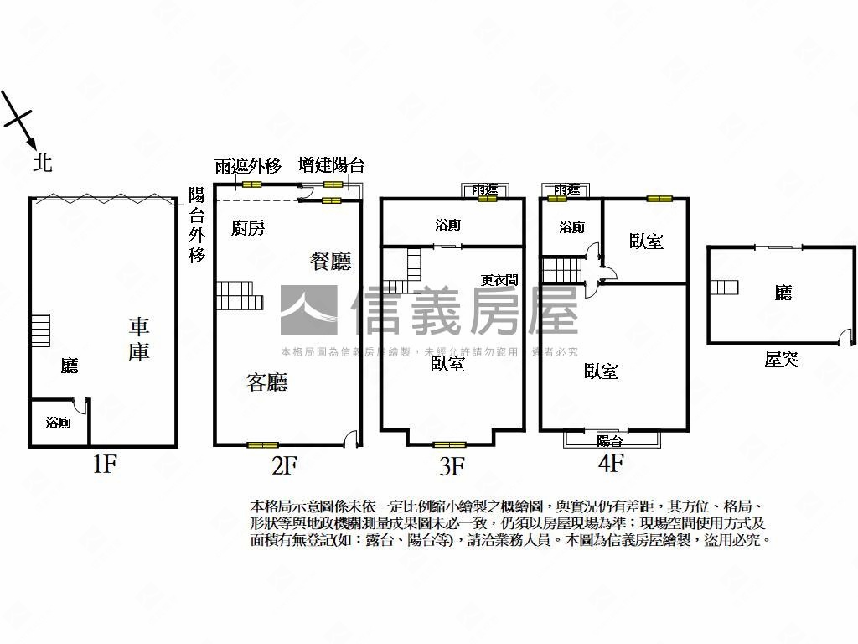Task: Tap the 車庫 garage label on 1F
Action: pyautogui.click(x=138, y=339)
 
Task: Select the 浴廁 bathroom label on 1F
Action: pyautogui.click(x=59, y=423)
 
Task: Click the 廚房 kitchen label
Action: pyautogui.click(x=249, y=227)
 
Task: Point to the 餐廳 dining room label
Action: pyautogui.click(x=331, y=262)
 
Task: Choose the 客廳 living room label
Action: pyautogui.click(x=267, y=383)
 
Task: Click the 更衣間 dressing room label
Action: pyautogui.click(x=499, y=281)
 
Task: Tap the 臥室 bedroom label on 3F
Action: pyautogui.click(x=448, y=363)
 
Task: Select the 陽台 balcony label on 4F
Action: pyautogui.click(x=609, y=441)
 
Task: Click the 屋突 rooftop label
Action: pyautogui.click(x=781, y=360)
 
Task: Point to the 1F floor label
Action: pyautogui.click(x=103, y=464)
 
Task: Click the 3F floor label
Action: pyautogui.click(x=452, y=466)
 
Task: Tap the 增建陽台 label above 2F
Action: pyautogui.click(x=332, y=166)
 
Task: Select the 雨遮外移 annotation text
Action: pyautogui.click(x=248, y=166)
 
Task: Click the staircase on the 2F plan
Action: pyautogui.click(x=240, y=295)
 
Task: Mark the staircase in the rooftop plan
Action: pyautogui.click(x=725, y=288)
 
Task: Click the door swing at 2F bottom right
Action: pyautogui.click(x=352, y=438)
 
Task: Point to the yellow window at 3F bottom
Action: pyautogui.click(x=449, y=444)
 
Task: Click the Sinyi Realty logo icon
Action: pyautogui.click(x=308, y=310)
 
